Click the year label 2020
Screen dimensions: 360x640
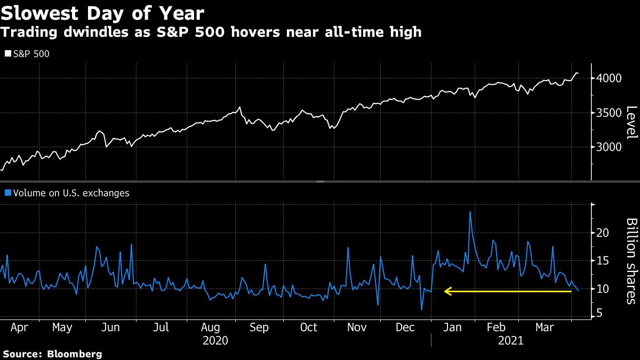pos(215,340)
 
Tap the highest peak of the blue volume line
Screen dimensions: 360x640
pos(470,212)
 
